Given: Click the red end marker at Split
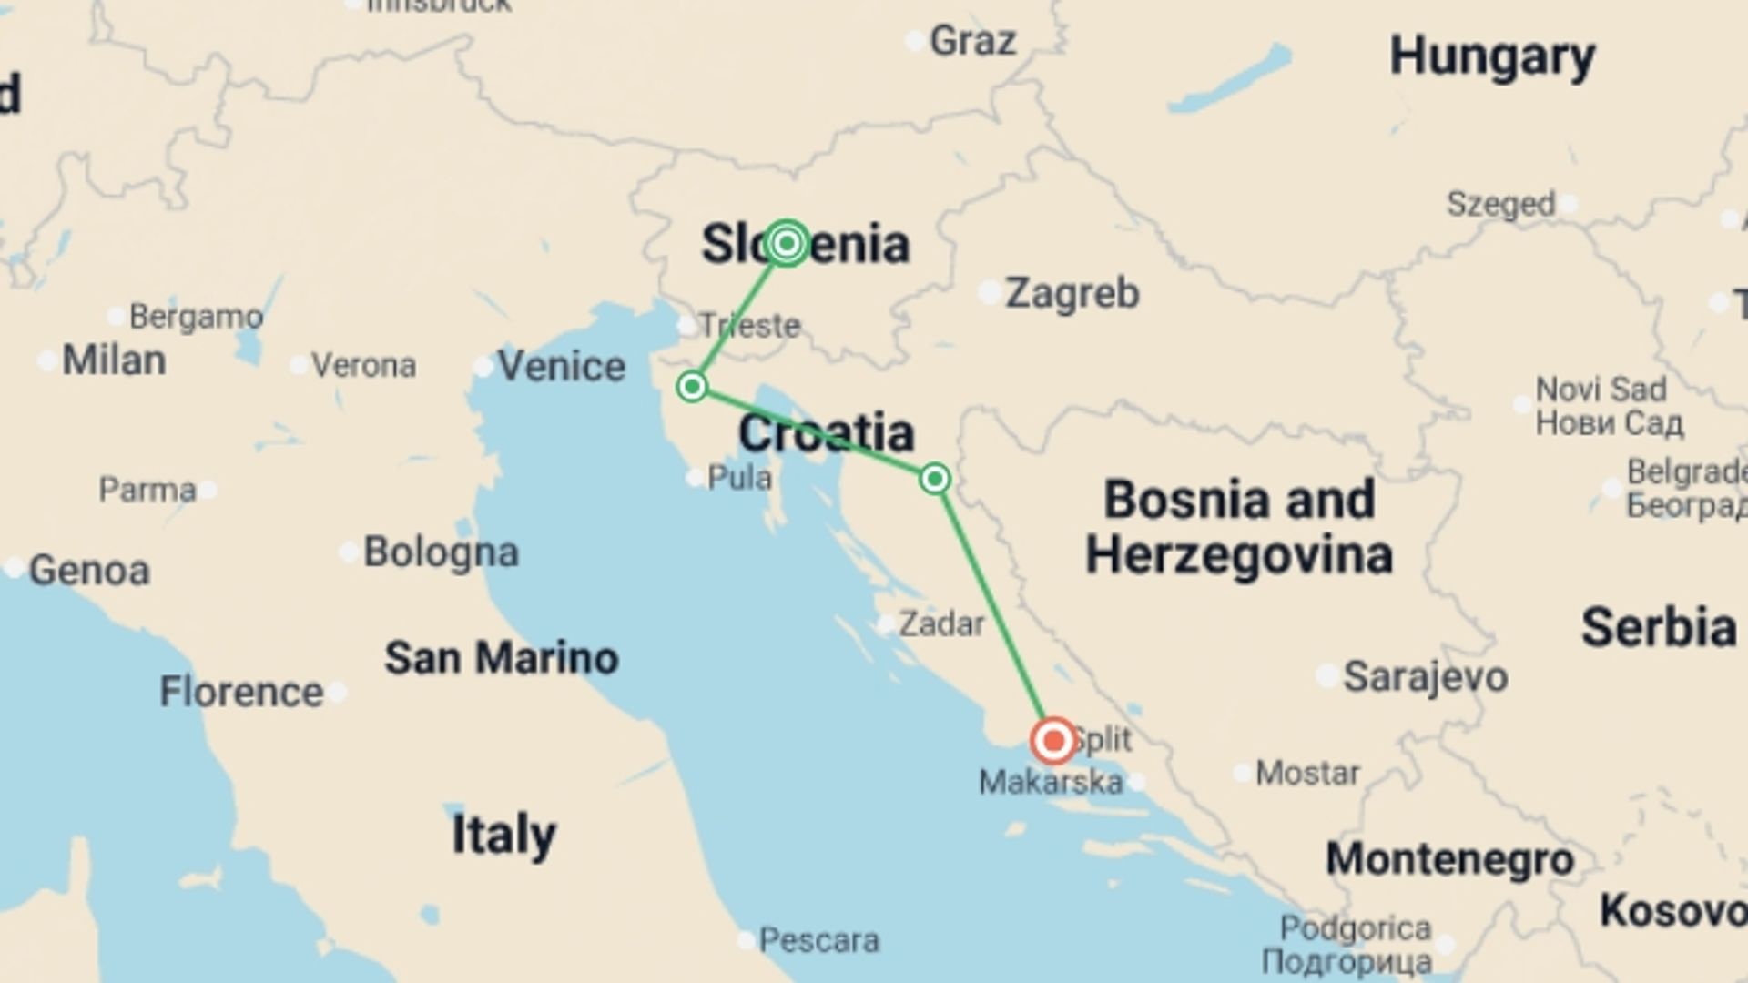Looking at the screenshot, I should (1053, 741).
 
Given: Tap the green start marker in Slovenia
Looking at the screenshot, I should (787, 243).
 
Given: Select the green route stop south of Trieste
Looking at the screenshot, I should (692, 387).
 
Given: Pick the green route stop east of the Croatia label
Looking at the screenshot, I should (935, 479).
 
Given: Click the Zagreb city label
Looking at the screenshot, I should (1072, 293).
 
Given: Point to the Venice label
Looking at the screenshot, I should (562, 366).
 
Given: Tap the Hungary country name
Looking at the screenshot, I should (1492, 57).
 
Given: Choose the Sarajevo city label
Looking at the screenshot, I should (1425, 676).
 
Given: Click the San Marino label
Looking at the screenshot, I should (502, 657).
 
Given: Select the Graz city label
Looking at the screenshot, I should (972, 41).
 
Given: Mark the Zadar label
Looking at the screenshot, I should (941, 624).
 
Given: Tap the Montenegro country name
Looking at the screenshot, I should (1449, 858).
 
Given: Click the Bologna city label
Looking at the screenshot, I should (441, 552).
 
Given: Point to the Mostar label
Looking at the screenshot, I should (1307, 774).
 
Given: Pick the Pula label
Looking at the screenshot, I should (739, 478).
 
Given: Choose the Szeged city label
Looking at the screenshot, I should (1500, 204).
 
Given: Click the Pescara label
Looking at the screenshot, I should (818, 940).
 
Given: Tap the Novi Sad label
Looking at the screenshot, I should (1601, 390).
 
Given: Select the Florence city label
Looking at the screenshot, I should (241, 692).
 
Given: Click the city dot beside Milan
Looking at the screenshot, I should (46, 361).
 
